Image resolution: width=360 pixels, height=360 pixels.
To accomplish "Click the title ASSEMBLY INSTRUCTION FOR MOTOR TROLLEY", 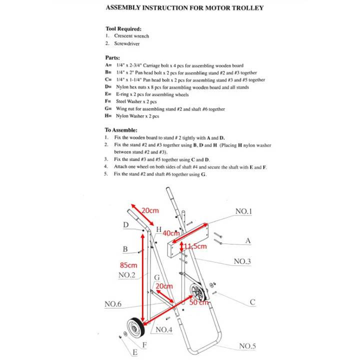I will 184,8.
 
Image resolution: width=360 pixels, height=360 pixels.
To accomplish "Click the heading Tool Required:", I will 123,29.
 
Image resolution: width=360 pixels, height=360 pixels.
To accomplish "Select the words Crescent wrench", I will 131,36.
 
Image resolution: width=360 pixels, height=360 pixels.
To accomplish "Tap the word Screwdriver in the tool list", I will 128,43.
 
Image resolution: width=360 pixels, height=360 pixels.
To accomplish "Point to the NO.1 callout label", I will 243,211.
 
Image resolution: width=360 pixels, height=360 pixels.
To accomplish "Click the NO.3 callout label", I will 242,262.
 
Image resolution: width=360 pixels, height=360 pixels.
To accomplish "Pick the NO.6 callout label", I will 113,303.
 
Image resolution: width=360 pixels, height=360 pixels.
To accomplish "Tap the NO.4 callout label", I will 164,329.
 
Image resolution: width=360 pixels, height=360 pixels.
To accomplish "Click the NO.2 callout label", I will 127,275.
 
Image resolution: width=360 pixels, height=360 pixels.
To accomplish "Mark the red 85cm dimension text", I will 128,264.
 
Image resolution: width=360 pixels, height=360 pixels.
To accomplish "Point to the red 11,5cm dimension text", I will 195,246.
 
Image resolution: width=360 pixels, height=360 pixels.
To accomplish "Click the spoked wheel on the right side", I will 199,292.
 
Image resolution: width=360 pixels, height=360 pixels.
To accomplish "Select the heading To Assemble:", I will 121,129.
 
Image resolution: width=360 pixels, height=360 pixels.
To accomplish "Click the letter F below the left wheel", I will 144,344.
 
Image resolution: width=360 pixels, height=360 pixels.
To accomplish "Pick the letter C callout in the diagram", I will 252,302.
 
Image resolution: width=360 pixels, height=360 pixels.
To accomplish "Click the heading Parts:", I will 112,57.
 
